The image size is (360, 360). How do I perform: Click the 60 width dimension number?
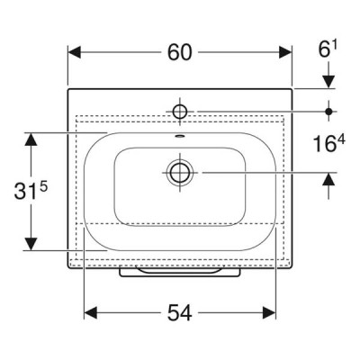coord(179,52)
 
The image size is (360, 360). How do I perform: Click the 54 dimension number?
coord(179,312)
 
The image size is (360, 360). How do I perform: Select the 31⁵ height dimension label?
coord(31,191)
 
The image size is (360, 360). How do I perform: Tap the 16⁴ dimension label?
coord(328,143)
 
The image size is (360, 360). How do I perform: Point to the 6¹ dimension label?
coord(328,49)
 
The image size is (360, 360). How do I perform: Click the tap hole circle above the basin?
coord(180,112)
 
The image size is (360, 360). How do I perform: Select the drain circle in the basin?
coord(180,173)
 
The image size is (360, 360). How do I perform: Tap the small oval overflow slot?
coord(179,137)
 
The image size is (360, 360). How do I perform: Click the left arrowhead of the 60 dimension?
coord(75,52)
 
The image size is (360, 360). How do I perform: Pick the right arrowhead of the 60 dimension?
coord(285,52)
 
